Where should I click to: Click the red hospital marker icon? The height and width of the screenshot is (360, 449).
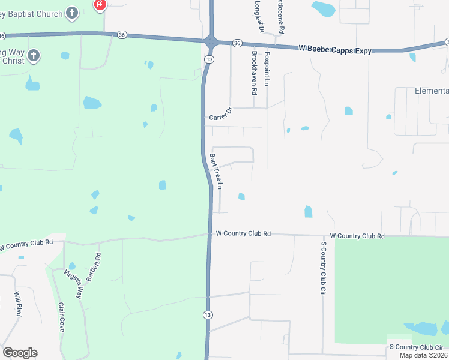[100, 5]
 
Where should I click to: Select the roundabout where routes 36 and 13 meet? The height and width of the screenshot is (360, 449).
[211, 42]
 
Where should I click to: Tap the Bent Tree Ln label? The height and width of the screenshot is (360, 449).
[216, 172]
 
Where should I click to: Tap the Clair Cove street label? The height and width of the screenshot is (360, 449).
[61, 317]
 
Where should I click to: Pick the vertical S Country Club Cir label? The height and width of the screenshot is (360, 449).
[323, 270]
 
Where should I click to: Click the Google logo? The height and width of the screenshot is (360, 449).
[20, 353]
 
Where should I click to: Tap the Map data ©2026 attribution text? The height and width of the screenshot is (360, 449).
[423, 355]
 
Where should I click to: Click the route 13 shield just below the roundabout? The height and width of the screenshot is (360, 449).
[208, 59]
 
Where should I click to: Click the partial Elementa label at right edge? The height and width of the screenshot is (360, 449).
[432, 91]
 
